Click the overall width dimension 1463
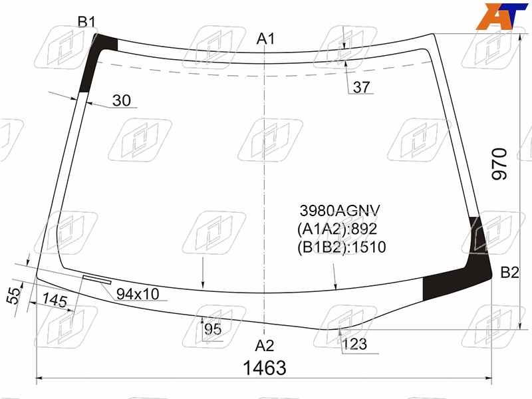tap(265, 368)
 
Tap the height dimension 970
tap(499, 164)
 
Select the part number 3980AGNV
tap(340, 211)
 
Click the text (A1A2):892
tap(337, 229)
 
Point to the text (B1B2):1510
tap(342, 247)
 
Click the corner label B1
tap(86, 22)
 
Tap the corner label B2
tap(509, 273)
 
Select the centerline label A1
tap(265, 39)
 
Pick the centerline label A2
tap(264, 346)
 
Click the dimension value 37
tap(361, 87)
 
